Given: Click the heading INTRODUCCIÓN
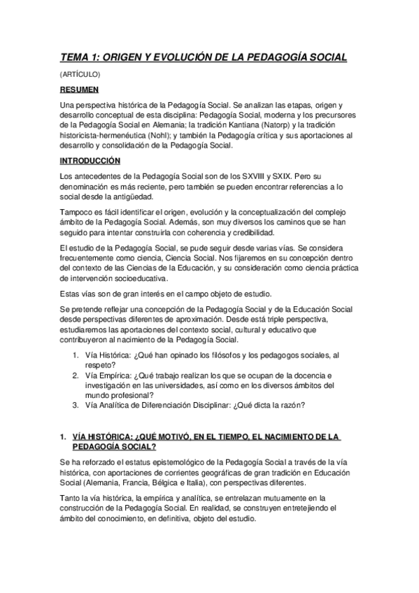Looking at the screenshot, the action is tap(91, 160).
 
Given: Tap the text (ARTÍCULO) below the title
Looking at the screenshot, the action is tap(80, 73).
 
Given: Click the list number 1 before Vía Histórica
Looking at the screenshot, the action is tap(76, 356).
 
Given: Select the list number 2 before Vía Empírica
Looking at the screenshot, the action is tap(76, 376).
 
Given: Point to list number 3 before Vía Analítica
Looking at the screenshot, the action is tap(76, 405).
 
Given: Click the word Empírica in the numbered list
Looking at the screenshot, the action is tap(113, 376).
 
